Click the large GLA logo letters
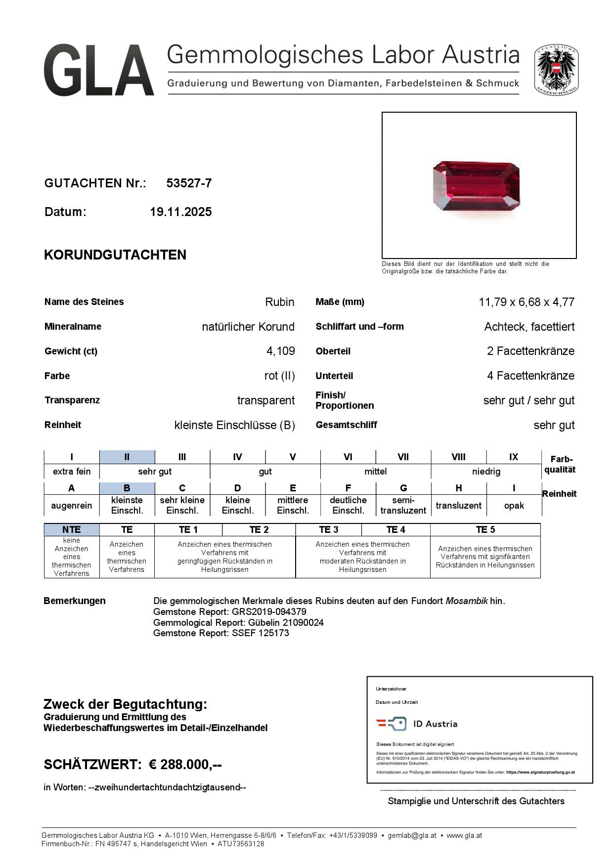point(98,70)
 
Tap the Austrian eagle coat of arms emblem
point(556,70)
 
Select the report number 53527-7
point(189,183)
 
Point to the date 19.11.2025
point(180,212)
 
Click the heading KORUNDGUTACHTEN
point(115,255)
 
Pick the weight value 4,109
point(280,351)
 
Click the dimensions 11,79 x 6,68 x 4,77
point(526,302)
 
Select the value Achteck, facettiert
point(529,327)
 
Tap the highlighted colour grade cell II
point(127,457)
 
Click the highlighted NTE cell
point(72,530)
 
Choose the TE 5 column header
point(485,530)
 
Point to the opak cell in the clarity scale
point(514,506)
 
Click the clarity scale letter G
point(403,488)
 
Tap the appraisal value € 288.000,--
point(185,765)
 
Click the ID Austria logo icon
point(392,724)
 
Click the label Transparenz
point(72,400)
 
